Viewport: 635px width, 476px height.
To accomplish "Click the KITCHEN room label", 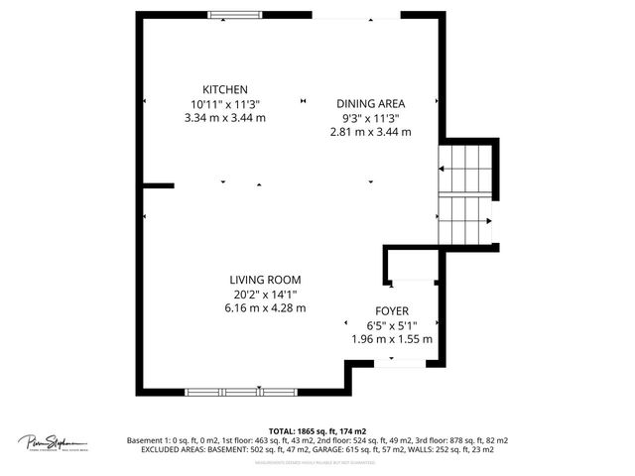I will tap(225, 89).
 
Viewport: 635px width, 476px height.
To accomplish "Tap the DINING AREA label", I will tap(370, 103).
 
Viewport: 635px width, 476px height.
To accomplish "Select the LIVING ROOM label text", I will tap(265, 280).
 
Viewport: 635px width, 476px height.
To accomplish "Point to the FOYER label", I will tap(392, 310).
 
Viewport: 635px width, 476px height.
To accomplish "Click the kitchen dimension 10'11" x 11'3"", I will tap(225, 103).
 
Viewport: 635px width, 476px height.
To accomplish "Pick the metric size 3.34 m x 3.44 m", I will tap(225, 117).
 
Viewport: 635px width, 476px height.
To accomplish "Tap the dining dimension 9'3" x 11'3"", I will tap(370, 117).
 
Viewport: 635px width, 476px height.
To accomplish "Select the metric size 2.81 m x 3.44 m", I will tap(370, 131).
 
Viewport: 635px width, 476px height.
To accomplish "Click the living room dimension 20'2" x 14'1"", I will tap(265, 294).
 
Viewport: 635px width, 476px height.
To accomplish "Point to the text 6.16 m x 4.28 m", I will tap(265, 307).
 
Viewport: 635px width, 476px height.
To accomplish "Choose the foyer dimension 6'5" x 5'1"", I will tap(392, 324).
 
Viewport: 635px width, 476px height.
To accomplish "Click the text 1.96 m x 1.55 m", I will tap(392, 338).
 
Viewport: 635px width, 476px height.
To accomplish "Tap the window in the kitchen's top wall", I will tap(235, 15).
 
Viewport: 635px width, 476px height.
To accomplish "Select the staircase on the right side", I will tap(466, 193).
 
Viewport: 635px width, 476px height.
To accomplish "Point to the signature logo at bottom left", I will tap(53, 442).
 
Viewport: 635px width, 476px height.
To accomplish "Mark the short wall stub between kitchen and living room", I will tap(159, 184).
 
